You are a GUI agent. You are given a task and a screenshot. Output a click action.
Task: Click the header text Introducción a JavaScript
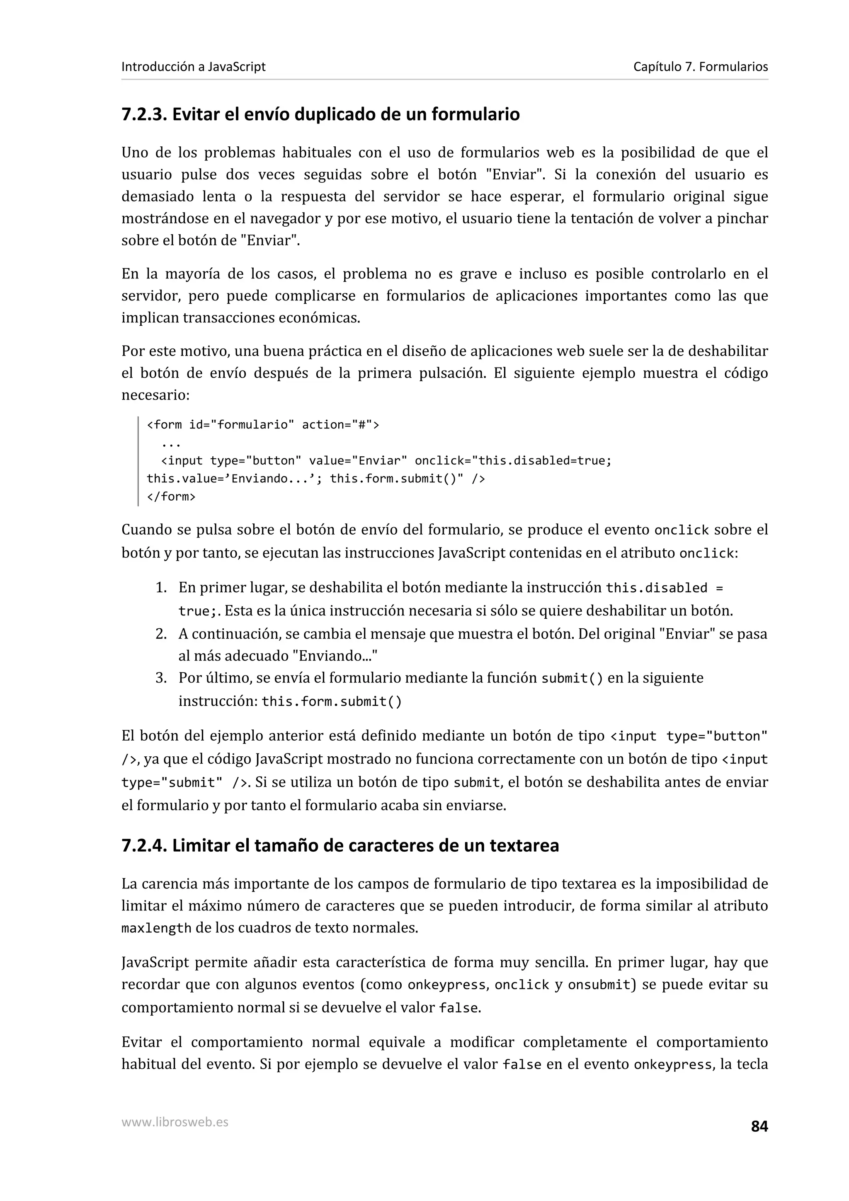tap(193, 67)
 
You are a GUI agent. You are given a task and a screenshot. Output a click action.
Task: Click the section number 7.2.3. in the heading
tap(144, 114)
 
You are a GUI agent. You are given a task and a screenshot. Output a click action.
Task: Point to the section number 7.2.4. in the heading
tap(144, 845)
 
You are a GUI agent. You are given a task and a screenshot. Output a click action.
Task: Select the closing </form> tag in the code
tap(171, 496)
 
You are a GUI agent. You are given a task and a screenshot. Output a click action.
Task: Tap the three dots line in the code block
tap(171, 443)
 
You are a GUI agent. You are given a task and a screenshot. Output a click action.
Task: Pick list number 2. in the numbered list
tap(161, 634)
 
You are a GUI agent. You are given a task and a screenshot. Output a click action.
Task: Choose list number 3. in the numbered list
tap(161, 678)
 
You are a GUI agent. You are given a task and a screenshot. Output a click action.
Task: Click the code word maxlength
tap(156, 928)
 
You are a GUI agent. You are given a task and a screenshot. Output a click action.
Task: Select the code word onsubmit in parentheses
tap(599, 985)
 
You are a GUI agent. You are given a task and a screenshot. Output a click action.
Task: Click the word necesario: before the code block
tap(155, 395)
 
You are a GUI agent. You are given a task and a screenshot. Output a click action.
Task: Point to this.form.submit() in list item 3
tap(332, 702)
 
